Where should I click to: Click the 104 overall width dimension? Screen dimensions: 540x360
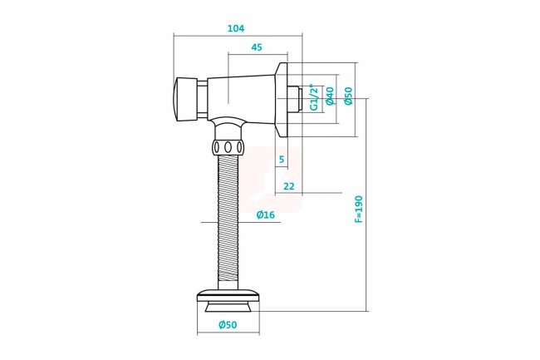coord(236,28)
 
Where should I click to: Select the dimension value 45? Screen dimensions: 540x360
coord(257,47)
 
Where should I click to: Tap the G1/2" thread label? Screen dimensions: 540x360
coord(313,97)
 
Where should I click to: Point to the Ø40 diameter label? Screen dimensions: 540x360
coord(330,96)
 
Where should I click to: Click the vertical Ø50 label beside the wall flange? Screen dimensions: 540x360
coord(349,96)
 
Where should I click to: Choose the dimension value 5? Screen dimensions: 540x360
coord(282,159)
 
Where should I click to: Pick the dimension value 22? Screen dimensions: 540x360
coord(289,186)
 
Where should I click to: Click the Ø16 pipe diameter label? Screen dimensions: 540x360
coord(266,215)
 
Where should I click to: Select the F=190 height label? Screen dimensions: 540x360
coord(359,210)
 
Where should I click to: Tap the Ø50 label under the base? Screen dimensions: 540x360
coord(228,324)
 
